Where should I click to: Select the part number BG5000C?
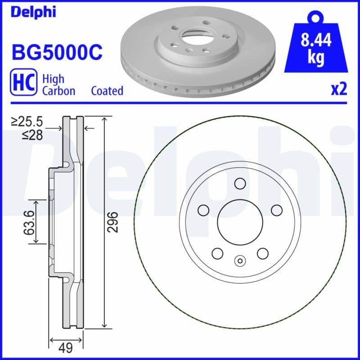click(57, 52)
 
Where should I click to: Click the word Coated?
click(107, 91)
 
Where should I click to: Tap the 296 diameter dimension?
click(114, 221)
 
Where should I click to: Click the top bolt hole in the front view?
click(240, 183)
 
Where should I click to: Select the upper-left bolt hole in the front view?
click(203, 210)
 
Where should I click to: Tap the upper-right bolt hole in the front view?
click(276, 210)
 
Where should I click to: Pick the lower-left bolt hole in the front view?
click(217, 253)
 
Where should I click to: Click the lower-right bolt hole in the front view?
click(262, 253)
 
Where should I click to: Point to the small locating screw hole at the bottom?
click(240, 261)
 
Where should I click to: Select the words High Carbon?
click(58, 84)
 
